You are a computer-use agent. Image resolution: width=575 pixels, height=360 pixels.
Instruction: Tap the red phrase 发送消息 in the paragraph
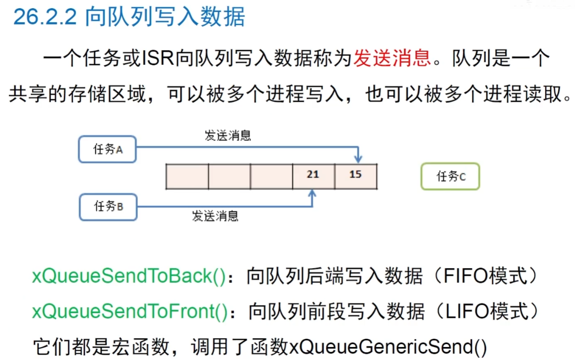click(392, 59)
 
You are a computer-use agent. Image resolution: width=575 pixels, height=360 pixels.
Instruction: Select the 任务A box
click(107, 149)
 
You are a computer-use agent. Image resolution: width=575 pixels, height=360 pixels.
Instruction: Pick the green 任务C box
click(450, 177)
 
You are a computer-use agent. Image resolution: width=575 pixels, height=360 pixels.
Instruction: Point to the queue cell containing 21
click(313, 176)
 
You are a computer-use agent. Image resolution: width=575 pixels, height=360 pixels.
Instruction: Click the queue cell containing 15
click(355, 176)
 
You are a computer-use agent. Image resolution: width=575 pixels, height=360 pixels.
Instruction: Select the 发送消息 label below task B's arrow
click(216, 216)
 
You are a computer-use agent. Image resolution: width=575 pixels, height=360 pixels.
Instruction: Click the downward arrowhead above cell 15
click(357, 158)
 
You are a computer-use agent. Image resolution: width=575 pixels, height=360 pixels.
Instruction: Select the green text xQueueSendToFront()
click(130, 312)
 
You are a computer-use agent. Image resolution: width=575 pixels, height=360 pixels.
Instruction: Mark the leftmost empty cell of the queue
click(187, 176)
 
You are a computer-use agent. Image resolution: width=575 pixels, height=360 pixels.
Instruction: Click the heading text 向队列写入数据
click(165, 17)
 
